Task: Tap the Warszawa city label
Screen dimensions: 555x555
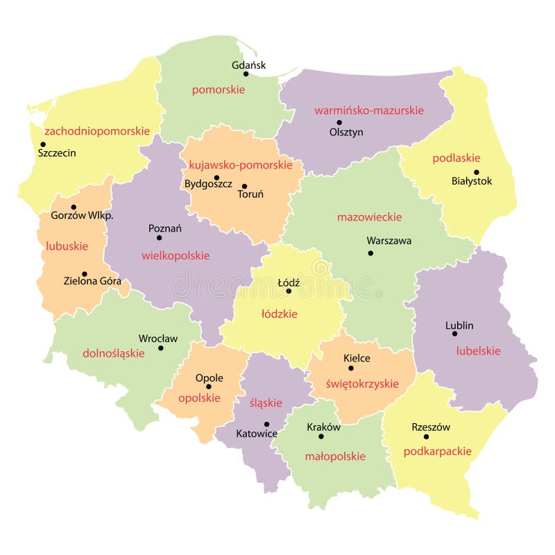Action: (x=388, y=241)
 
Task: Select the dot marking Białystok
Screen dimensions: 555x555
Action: (x=476, y=172)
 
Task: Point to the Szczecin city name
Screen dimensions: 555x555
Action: (x=57, y=153)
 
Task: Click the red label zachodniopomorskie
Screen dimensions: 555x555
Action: (x=97, y=130)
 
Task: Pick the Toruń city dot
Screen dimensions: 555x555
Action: (x=244, y=186)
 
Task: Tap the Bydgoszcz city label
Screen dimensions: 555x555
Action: (x=207, y=184)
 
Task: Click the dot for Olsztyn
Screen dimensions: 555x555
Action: (x=339, y=122)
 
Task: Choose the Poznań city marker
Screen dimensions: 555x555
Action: (x=158, y=238)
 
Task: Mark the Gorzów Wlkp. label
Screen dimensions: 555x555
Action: (x=82, y=216)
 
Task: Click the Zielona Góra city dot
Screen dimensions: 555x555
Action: (x=85, y=274)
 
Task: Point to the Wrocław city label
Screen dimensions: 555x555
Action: (x=158, y=339)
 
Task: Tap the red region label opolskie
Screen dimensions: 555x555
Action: (x=199, y=398)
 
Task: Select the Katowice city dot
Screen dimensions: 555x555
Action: (x=266, y=424)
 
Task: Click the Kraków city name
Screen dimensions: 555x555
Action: (x=323, y=427)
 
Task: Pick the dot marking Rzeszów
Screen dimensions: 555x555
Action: (x=426, y=436)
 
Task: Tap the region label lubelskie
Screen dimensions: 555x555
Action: (x=478, y=351)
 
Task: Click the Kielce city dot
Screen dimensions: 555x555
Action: (x=351, y=368)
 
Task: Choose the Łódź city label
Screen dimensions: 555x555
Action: (x=289, y=283)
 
